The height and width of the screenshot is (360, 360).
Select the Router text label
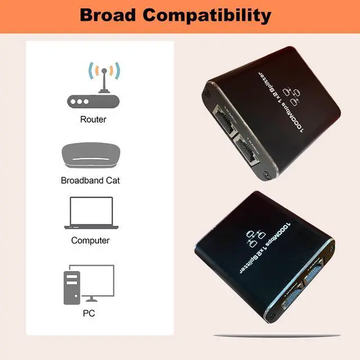pyautogui.click(x=93, y=119)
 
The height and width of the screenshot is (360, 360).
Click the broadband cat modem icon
pyautogui.click(x=90, y=156)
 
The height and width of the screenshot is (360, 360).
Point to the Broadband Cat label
pyautogui.click(x=90, y=181)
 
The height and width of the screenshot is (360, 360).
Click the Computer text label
pyautogui.click(x=90, y=240)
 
